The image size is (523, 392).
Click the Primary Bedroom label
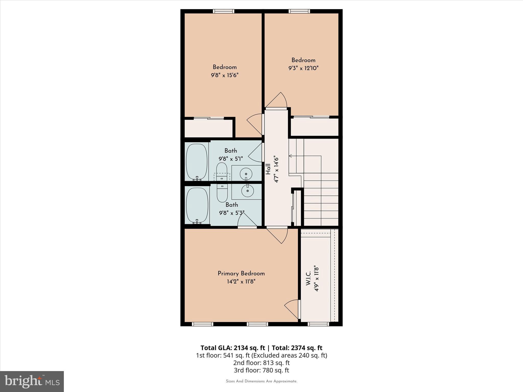point(241,273)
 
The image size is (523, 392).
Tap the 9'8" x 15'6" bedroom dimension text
point(224,75)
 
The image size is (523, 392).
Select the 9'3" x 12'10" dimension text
point(303,68)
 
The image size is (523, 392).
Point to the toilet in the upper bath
point(222,172)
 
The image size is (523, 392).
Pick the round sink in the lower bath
point(247,190)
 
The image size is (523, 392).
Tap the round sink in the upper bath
point(246,174)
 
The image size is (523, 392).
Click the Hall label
point(268,169)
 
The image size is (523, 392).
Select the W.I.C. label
point(308,278)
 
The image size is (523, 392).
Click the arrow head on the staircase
point(290,156)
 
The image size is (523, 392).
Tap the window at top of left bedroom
point(224,11)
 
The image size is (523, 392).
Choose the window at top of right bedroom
point(299,11)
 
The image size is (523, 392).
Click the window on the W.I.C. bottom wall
point(318,324)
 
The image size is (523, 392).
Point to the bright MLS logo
point(32,381)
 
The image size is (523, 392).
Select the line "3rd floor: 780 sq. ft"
point(261,370)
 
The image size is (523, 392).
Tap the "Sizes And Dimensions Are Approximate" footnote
point(261,381)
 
